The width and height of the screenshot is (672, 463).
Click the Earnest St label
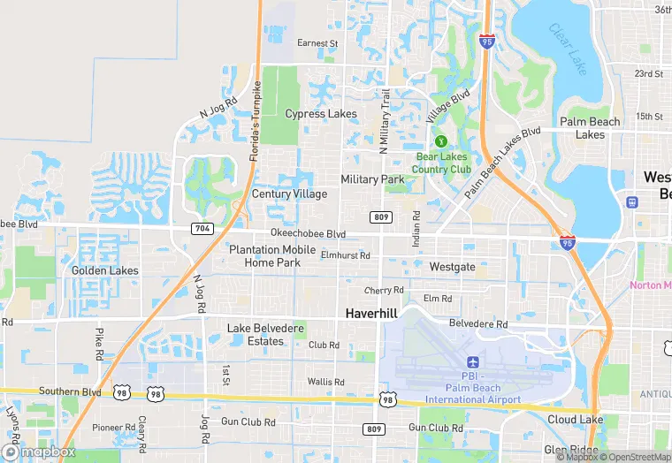click(317, 42)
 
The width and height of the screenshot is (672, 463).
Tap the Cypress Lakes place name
click(321, 114)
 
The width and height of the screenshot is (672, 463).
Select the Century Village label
click(289, 194)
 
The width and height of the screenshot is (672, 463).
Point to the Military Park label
click(372, 179)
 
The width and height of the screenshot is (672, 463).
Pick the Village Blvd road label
click(448, 106)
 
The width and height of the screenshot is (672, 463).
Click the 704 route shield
click(202, 228)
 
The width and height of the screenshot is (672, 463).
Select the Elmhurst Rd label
click(346, 255)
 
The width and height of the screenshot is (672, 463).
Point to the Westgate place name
click(452, 266)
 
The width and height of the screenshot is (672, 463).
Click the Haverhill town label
click(371, 314)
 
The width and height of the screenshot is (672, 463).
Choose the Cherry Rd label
click(384, 290)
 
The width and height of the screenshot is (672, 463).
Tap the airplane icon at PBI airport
click(472, 363)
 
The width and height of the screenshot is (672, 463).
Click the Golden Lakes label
click(105, 270)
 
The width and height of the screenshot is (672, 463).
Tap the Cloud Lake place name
click(575, 420)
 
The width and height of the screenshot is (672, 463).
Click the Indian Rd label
click(416, 227)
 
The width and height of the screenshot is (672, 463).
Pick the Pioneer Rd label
click(114, 428)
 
